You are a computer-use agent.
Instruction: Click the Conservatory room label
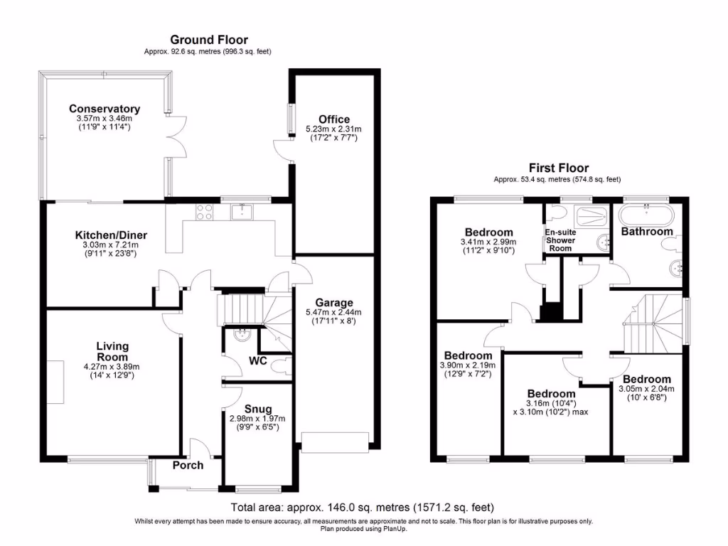105,109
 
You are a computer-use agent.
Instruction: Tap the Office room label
334,119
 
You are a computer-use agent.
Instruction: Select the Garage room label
334,303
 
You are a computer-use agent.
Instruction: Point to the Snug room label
257,409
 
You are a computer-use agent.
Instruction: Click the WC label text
257,360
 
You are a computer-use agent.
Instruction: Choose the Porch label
188,465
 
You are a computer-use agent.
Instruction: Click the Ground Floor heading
209,40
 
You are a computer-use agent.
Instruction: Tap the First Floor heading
559,168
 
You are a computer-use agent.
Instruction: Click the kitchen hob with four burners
204,212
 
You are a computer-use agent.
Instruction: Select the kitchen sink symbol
242,212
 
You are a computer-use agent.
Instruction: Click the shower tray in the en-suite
591,216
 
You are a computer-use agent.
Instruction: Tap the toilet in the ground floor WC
280,366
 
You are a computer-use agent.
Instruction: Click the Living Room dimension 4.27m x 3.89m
112,367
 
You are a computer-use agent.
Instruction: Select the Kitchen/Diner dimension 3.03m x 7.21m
107,245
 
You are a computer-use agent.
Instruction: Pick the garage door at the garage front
336,443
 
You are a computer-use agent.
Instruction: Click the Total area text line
362,508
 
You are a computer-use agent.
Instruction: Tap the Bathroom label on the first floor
647,231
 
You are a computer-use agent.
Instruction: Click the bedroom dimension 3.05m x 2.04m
646,389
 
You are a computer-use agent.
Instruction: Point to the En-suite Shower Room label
560,240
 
